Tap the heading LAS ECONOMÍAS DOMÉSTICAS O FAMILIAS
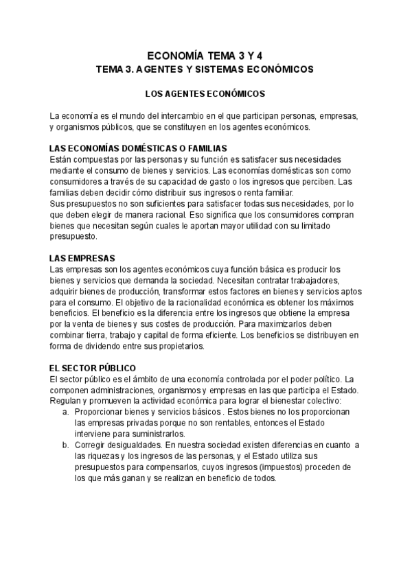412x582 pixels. click(x=139, y=150)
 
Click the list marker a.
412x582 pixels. click(x=65, y=412)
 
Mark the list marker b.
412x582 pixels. click(x=65, y=445)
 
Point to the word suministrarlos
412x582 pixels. click(x=155, y=434)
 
